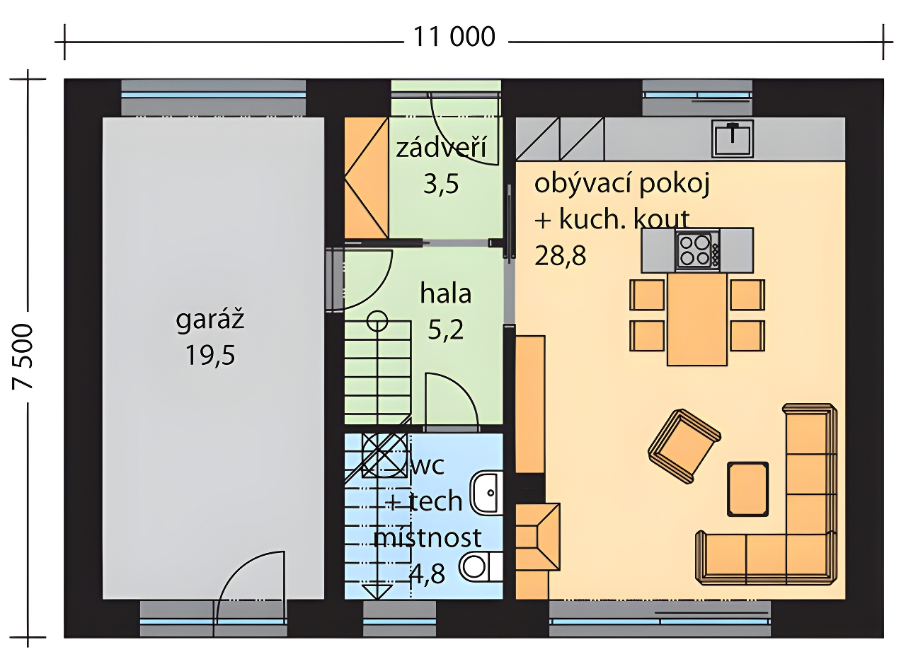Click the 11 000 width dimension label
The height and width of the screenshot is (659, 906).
pyautogui.click(x=454, y=37)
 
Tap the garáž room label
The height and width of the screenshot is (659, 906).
pyautogui.click(x=210, y=321)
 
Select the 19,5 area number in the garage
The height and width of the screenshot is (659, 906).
pyautogui.click(x=210, y=356)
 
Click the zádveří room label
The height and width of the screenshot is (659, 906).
pyautogui.click(x=441, y=148)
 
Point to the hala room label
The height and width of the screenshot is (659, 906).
pyautogui.click(x=446, y=293)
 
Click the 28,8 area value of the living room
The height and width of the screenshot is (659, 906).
pyautogui.click(x=560, y=256)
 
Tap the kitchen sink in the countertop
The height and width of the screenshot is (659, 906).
pyautogui.click(x=733, y=138)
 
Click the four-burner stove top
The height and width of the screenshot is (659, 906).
pyautogui.click(x=697, y=250)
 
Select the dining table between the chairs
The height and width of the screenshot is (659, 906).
pyautogui.click(x=697, y=319)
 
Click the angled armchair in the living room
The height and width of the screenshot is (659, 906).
pyautogui.click(x=684, y=446)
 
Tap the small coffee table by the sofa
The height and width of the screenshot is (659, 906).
pyautogui.click(x=748, y=489)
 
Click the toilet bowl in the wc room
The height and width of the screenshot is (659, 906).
pyautogui.click(x=481, y=567)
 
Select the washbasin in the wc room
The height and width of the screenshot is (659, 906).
pyautogui.click(x=487, y=493)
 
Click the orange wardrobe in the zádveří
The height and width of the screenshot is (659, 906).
pyautogui.click(x=367, y=177)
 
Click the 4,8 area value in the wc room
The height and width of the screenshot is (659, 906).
pyautogui.click(x=427, y=573)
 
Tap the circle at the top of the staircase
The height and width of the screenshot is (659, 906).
pyautogui.click(x=377, y=321)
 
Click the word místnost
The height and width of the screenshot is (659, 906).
pyautogui.click(x=428, y=537)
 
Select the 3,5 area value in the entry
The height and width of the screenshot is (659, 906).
pyautogui.click(x=441, y=185)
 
